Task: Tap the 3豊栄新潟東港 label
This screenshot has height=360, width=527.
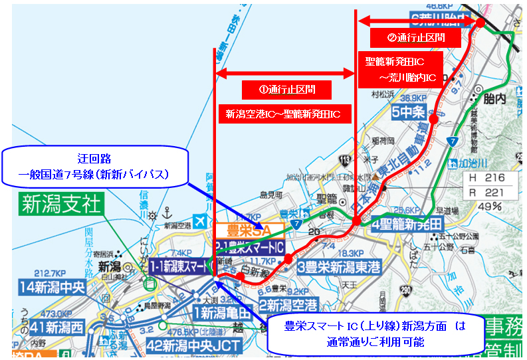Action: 336,267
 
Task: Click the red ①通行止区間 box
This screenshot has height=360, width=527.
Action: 286,88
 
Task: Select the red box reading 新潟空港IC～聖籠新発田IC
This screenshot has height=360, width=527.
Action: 283,114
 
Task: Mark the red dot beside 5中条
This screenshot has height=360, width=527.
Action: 433,120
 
